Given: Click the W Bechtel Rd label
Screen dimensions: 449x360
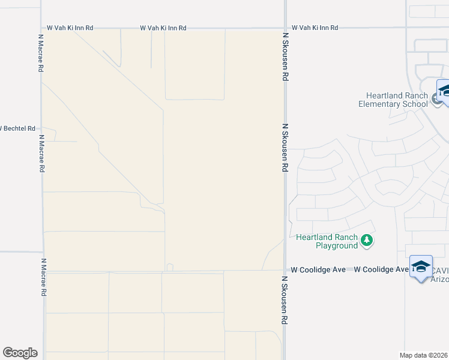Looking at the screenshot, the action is point(18,128).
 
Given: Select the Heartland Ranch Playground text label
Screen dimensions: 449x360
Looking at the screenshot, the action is point(327,241).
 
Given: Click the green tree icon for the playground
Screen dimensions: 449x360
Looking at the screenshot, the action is point(367,241).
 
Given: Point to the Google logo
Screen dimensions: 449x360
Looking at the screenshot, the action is point(20,353).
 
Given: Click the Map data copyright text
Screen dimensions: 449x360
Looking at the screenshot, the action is point(424,355).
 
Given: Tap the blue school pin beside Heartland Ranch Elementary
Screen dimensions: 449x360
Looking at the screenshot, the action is point(444,92).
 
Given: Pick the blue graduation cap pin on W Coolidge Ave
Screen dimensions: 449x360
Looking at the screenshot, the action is point(421,266).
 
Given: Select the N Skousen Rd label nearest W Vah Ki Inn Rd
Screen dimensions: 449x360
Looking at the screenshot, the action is point(286,57).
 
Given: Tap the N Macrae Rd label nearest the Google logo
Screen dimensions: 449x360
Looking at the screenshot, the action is point(43,277).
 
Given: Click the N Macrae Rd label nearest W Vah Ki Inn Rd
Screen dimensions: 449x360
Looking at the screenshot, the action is point(41,53).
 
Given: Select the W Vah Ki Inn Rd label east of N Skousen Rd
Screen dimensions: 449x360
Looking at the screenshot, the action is point(315,28).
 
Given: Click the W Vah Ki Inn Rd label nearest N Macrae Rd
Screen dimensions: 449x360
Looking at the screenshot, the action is point(70,28).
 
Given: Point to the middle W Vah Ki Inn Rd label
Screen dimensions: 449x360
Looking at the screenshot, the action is point(163,28).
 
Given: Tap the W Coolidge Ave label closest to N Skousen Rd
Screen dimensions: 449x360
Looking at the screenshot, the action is point(318,270).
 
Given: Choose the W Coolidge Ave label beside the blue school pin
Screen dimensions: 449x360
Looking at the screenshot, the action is point(381,270).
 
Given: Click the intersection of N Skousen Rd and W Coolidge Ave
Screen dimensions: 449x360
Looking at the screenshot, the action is point(285,270).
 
